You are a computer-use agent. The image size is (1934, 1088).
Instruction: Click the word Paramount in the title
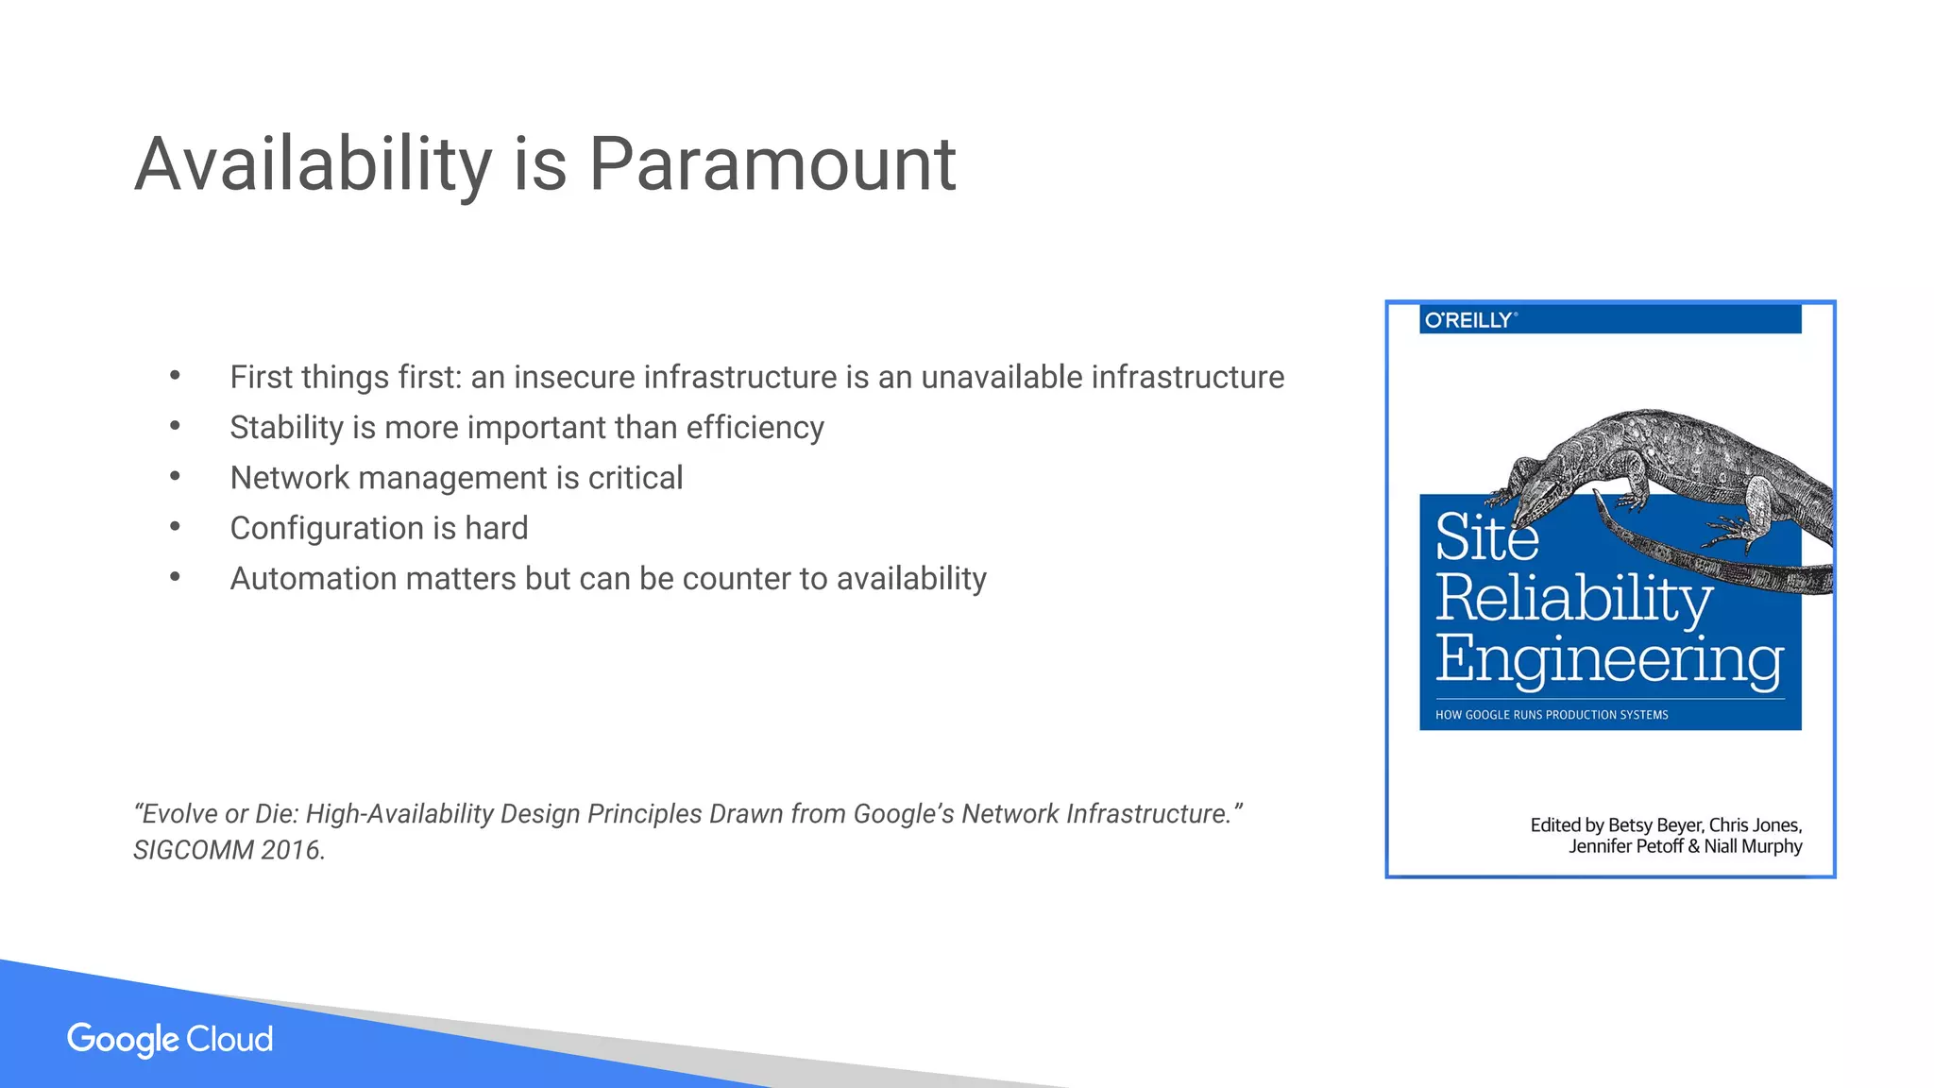(x=772, y=164)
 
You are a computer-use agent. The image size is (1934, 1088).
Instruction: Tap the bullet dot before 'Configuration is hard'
(x=175, y=527)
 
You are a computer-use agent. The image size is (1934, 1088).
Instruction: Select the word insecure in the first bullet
(x=574, y=377)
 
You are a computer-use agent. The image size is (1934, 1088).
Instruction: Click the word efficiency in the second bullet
(x=755, y=428)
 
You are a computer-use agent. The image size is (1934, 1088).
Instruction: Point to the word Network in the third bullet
(x=290, y=478)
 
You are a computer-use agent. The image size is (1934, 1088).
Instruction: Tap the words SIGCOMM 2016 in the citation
(x=228, y=850)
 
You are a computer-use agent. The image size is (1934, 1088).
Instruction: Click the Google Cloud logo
(x=170, y=1039)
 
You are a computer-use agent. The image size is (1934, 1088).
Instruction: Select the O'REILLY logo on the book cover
(x=1469, y=320)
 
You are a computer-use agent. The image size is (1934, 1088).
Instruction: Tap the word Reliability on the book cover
(x=1573, y=598)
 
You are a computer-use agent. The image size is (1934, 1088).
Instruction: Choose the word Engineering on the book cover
(x=1609, y=658)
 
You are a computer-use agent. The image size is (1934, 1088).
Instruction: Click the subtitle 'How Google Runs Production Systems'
(x=1552, y=715)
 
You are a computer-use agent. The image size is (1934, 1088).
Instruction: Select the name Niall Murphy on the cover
(x=1753, y=846)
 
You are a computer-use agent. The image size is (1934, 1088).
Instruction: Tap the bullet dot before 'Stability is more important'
(x=175, y=427)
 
